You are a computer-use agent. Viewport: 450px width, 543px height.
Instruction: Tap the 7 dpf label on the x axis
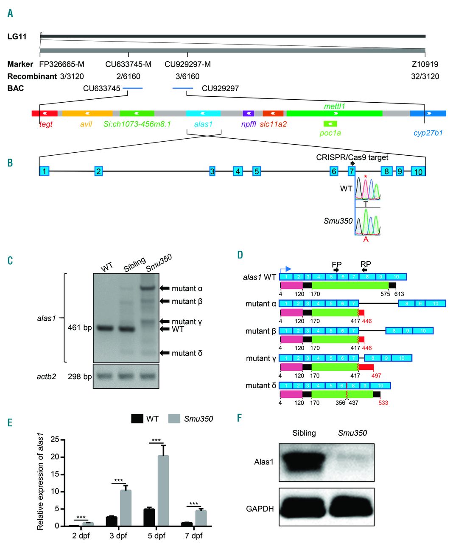click(x=194, y=536)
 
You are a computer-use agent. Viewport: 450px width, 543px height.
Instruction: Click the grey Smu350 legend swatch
click(x=174, y=419)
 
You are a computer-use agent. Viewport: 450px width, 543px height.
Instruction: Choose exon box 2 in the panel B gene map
click(x=98, y=171)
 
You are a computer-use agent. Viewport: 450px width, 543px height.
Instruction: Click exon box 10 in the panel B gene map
click(x=418, y=171)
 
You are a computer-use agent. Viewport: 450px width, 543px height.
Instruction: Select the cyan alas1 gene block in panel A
click(x=203, y=113)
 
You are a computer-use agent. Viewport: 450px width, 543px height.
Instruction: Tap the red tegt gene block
click(x=45, y=113)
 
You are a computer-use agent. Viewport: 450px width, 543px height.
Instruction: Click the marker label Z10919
click(x=425, y=64)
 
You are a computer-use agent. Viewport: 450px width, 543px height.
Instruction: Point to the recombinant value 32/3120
click(x=425, y=77)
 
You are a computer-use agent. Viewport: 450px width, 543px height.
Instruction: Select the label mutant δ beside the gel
click(x=187, y=353)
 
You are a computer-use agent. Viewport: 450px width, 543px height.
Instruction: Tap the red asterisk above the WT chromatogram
click(x=365, y=176)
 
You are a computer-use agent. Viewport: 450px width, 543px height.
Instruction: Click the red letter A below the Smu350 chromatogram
click(x=366, y=239)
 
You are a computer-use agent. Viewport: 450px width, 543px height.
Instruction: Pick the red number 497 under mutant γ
click(x=376, y=375)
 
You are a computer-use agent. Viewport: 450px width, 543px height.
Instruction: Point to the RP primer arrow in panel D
click(x=365, y=270)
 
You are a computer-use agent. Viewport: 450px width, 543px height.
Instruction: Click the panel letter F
click(x=240, y=418)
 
